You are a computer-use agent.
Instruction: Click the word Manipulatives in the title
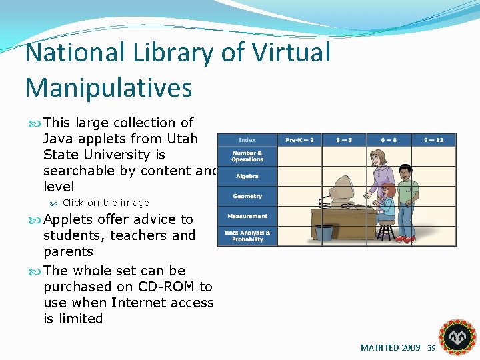click(109, 87)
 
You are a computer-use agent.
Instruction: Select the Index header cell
click(247, 140)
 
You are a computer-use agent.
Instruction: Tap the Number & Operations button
click(247, 157)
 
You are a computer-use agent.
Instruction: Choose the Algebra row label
click(247, 177)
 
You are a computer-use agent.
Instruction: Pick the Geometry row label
click(247, 196)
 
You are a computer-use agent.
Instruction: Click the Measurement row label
click(247, 216)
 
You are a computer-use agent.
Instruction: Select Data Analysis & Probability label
click(247, 237)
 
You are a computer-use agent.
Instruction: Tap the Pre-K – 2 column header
click(299, 140)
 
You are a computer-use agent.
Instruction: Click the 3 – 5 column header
click(344, 140)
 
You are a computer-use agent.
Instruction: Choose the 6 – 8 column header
click(389, 140)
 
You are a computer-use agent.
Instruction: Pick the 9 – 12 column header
click(433, 140)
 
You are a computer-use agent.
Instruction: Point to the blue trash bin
click(324, 232)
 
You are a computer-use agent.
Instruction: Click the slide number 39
click(431, 348)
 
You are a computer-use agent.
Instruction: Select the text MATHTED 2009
click(390, 348)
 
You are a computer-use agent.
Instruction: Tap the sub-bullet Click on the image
click(105, 203)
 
